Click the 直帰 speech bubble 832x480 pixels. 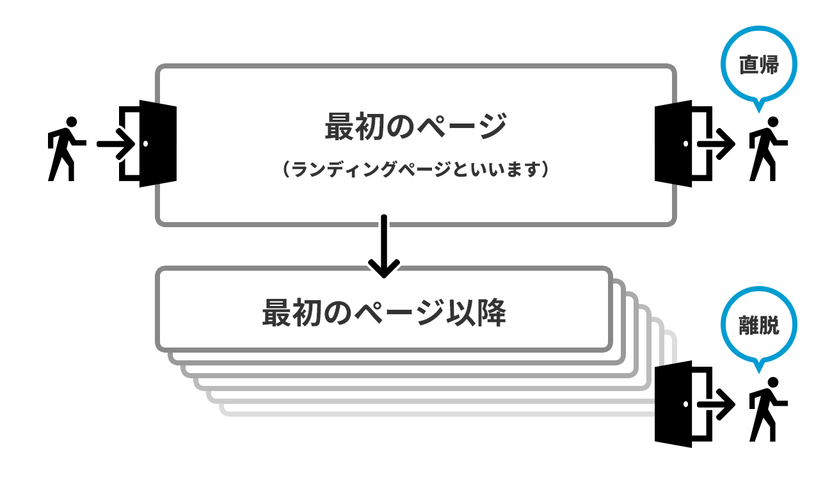pos(758,65)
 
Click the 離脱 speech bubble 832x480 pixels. pos(758,326)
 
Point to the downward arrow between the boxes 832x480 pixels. pos(384,246)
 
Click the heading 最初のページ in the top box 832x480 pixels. pos(415,126)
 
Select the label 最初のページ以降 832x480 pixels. pos(384,313)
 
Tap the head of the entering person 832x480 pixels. pos(71,122)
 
